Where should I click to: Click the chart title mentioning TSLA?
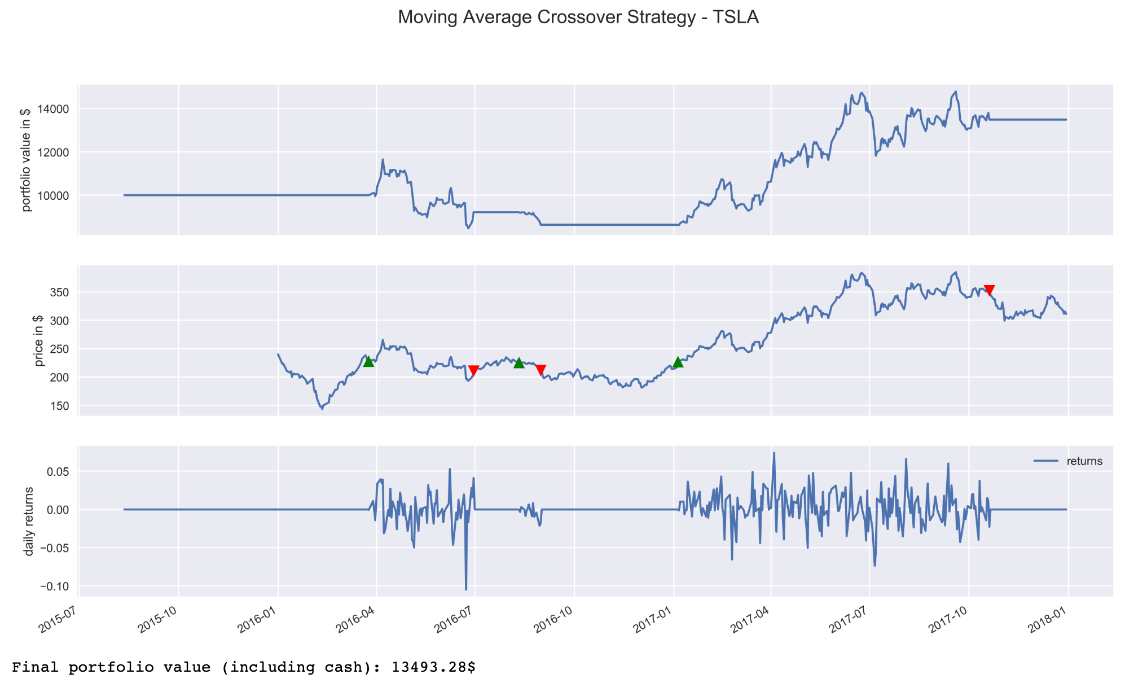pos(578,17)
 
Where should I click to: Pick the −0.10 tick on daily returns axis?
pos(54,586)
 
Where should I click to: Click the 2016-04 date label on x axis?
pos(356,622)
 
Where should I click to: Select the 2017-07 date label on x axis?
pos(849,622)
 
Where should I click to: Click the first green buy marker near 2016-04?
pos(368,361)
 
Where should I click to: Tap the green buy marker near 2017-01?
pos(678,362)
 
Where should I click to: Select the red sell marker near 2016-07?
pos(474,370)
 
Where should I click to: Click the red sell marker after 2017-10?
pos(989,290)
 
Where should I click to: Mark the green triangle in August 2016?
pos(519,362)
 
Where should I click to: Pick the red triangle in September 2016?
pos(540,370)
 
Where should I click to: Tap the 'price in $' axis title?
pos(39,340)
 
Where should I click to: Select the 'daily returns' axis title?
pos(29,521)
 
